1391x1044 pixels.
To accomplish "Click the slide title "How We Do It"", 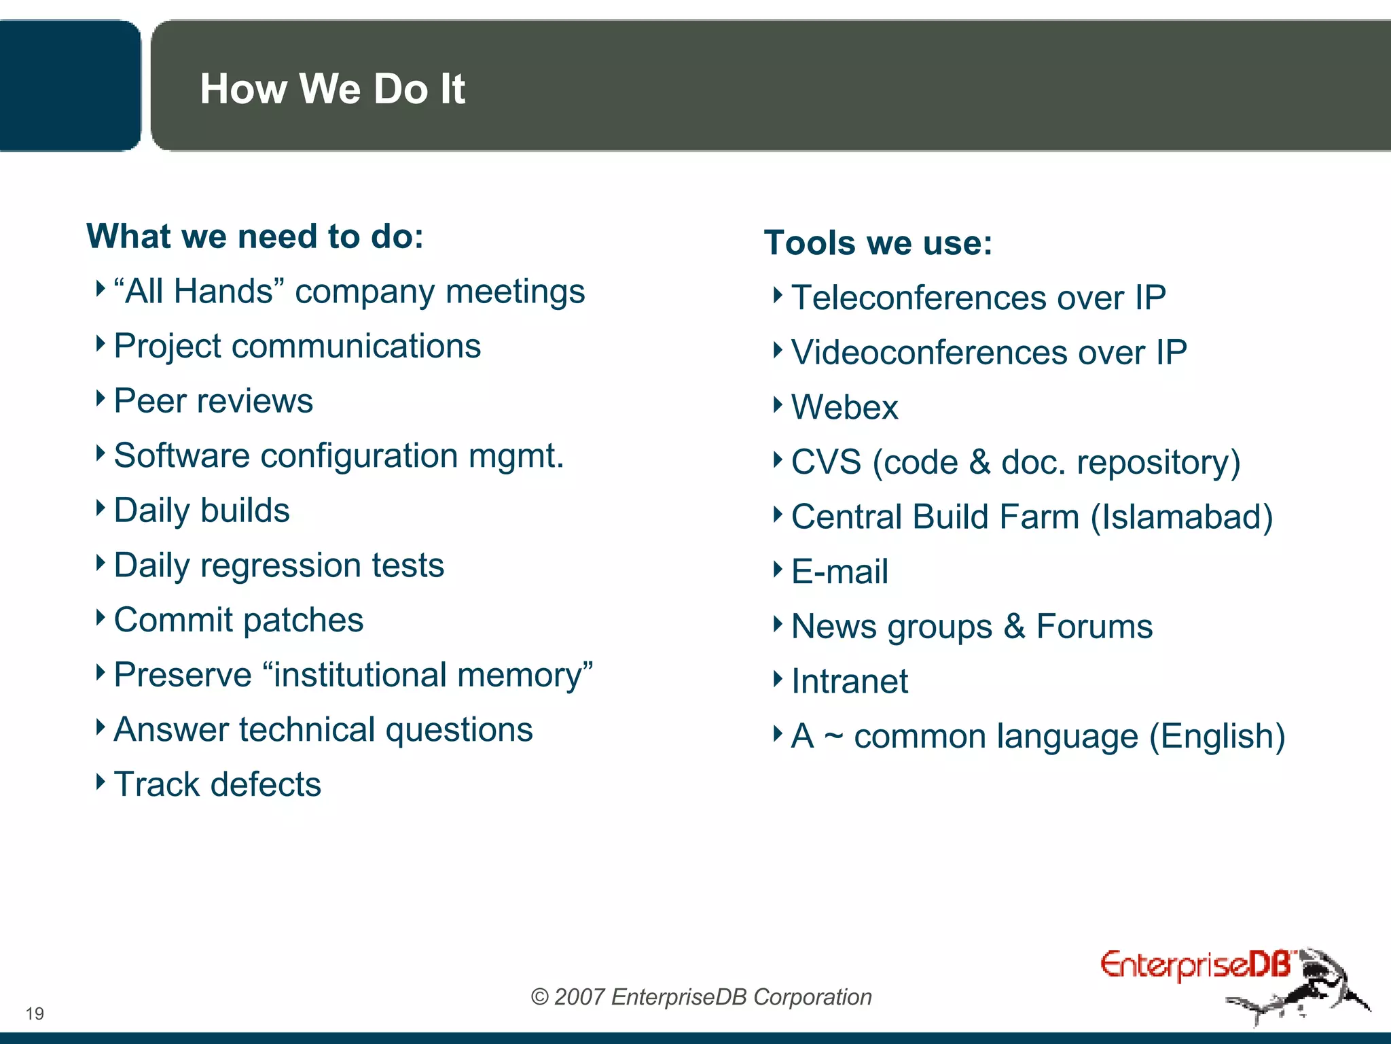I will tap(332, 89).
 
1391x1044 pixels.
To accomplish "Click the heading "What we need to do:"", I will tap(255, 237).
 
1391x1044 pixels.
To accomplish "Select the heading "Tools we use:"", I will tap(878, 243).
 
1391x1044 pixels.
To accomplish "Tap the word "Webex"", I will tap(844, 408).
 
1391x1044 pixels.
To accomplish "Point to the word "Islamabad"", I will tap(1181, 517).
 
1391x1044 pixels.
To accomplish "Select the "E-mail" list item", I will tap(839, 572).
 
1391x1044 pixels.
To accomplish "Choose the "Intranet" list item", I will tap(849, 681).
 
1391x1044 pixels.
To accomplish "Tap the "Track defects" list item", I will tap(217, 784).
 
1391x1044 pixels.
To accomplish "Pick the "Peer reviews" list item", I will tap(213, 401).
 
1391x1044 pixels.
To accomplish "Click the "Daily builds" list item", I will tap(202, 510).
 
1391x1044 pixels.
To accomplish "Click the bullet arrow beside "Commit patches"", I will tap(101, 618).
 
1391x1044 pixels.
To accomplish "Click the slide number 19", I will tap(35, 1013).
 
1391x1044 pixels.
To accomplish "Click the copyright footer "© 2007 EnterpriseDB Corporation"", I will tap(701, 997).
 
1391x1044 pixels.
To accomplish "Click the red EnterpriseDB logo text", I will tap(1195, 966).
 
